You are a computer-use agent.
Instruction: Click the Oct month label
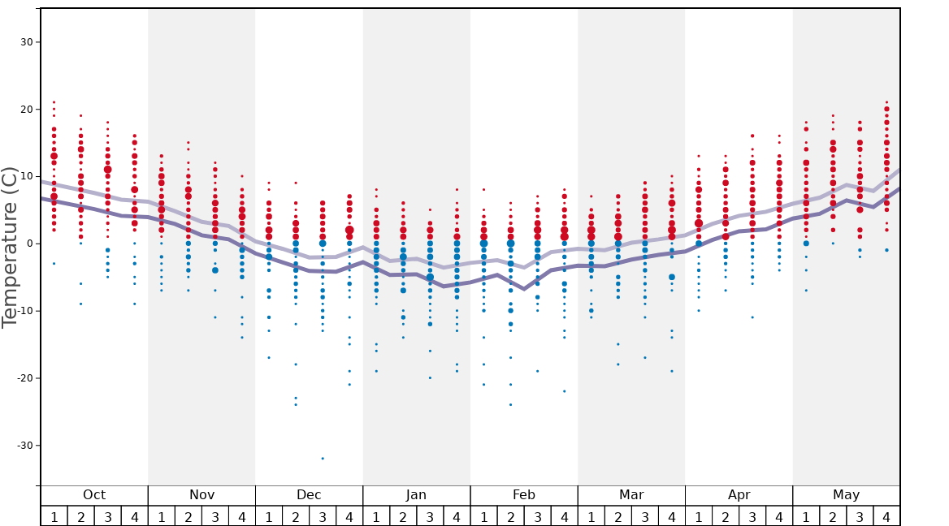pyautogui.click(x=94, y=495)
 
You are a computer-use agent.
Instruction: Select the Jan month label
pyautogui.click(x=416, y=495)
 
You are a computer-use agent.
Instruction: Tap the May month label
pyautogui.click(x=846, y=495)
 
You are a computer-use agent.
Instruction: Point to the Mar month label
pyautogui.click(x=631, y=495)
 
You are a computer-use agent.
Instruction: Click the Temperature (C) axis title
pyautogui.click(x=10, y=248)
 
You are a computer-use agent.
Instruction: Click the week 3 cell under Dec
pyautogui.click(x=323, y=516)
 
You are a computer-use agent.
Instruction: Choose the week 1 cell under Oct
pyautogui.click(x=54, y=516)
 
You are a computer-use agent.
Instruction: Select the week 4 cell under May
pyautogui.click(x=886, y=516)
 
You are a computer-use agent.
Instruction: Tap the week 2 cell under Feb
pyautogui.click(x=510, y=516)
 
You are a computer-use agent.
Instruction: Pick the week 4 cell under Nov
pyautogui.click(x=242, y=516)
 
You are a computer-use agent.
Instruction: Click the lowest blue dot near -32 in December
pyautogui.click(x=323, y=459)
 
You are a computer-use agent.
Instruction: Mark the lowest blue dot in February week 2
pyautogui.click(x=510, y=404)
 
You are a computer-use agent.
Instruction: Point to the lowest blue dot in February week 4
pyautogui.click(x=564, y=391)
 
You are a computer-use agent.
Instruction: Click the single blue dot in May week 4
pyautogui.click(x=886, y=250)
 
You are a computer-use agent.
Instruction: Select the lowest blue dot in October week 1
pyautogui.click(x=54, y=264)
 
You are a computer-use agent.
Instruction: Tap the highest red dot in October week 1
pyautogui.click(x=54, y=102)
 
